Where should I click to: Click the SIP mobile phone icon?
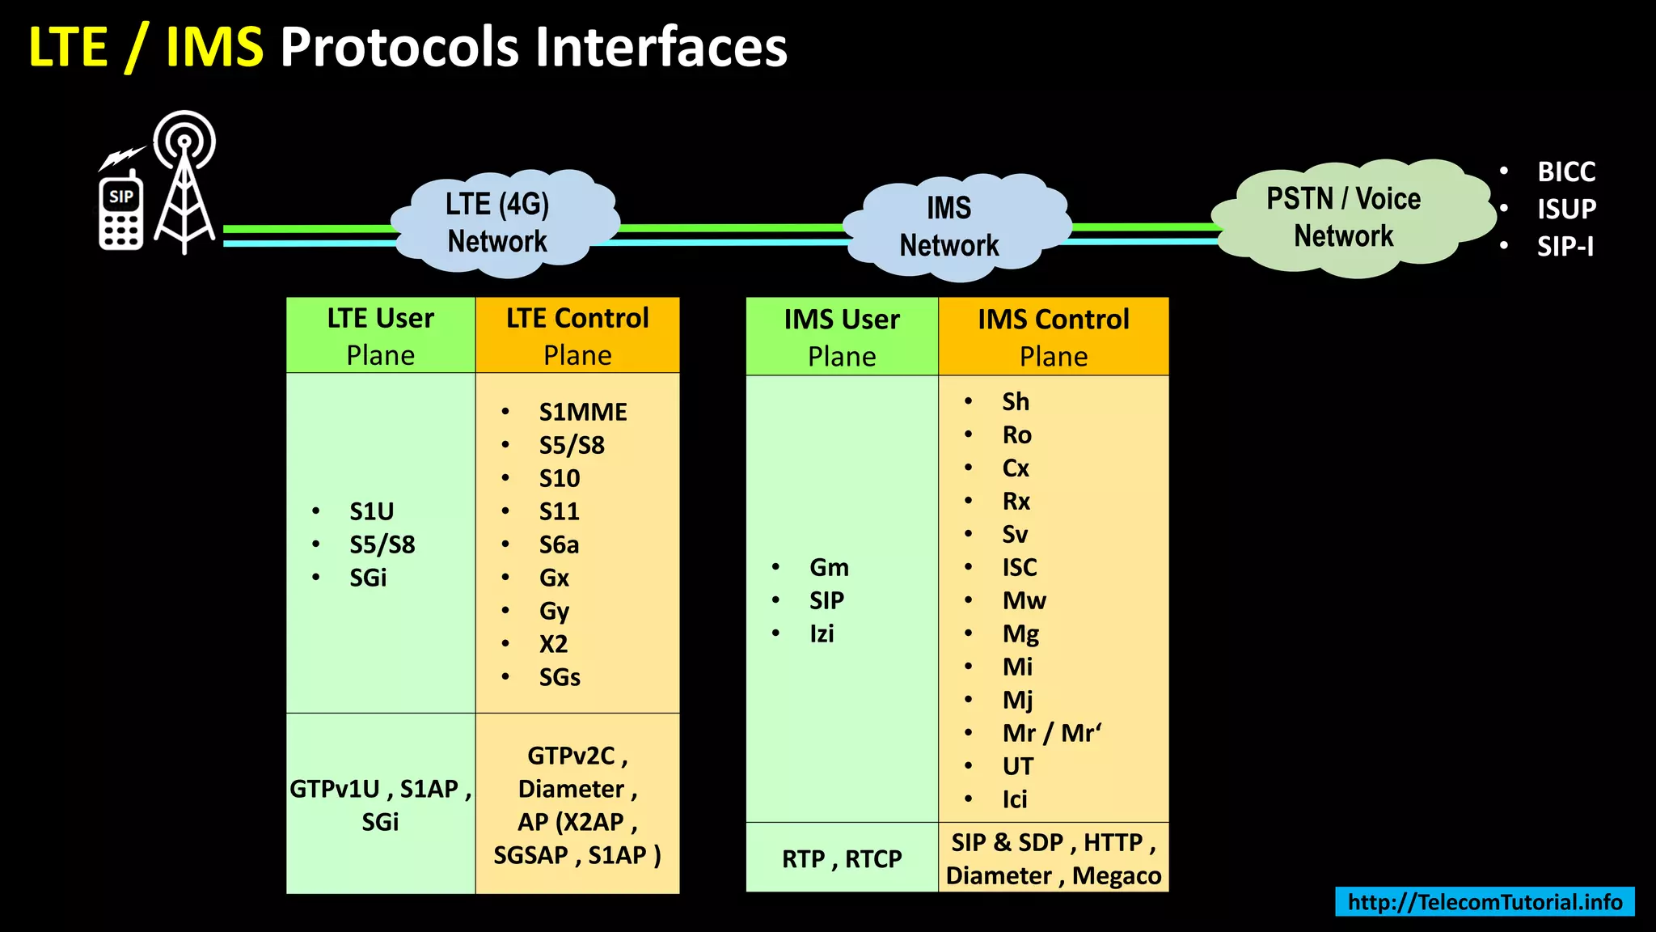point(121,212)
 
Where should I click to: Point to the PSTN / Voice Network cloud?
point(1345,218)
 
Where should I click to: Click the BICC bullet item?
point(1565,172)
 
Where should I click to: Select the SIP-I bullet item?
point(1565,247)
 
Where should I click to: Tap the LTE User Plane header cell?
point(380,336)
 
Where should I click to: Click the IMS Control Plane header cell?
point(1053,337)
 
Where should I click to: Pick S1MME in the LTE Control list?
point(582,413)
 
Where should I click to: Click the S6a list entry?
point(559,545)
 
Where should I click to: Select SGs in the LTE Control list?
point(560,678)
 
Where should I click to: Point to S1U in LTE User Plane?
point(371,512)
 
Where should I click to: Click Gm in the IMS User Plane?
point(829,568)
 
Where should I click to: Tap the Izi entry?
point(822,634)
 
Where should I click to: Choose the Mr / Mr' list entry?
point(1051,734)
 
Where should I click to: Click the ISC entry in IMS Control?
point(1019,568)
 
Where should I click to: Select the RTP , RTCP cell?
point(841,859)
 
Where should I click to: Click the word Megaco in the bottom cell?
point(1116,876)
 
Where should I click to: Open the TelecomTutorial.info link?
point(1485,902)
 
